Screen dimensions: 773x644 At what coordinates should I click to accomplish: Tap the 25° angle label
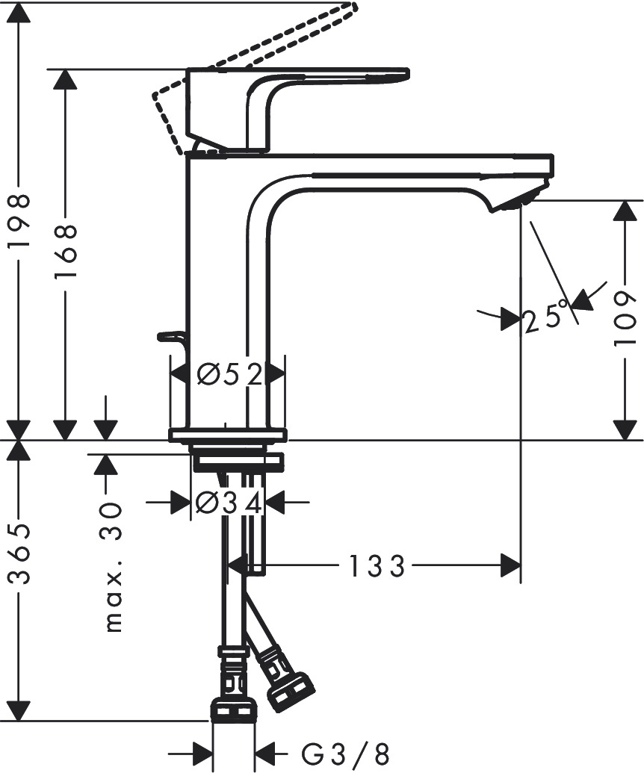[545, 318]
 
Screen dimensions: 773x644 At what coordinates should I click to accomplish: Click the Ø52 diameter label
[229, 373]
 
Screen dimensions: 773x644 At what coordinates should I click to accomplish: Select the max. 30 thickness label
[112, 568]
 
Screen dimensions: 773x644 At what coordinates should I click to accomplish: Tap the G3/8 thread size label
[345, 754]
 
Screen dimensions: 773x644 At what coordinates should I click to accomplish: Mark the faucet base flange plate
[228, 435]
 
